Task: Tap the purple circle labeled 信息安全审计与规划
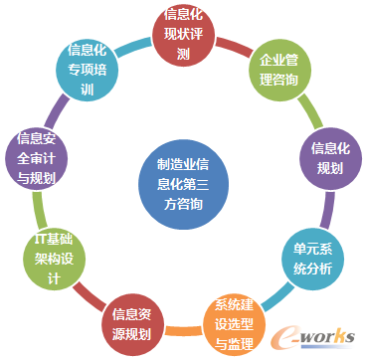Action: [37, 158]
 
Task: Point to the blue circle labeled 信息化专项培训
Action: [87, 70]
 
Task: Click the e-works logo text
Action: [316, 335]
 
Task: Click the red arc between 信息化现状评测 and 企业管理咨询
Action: [232, 43]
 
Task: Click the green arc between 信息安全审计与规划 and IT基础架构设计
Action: [38, 209]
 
